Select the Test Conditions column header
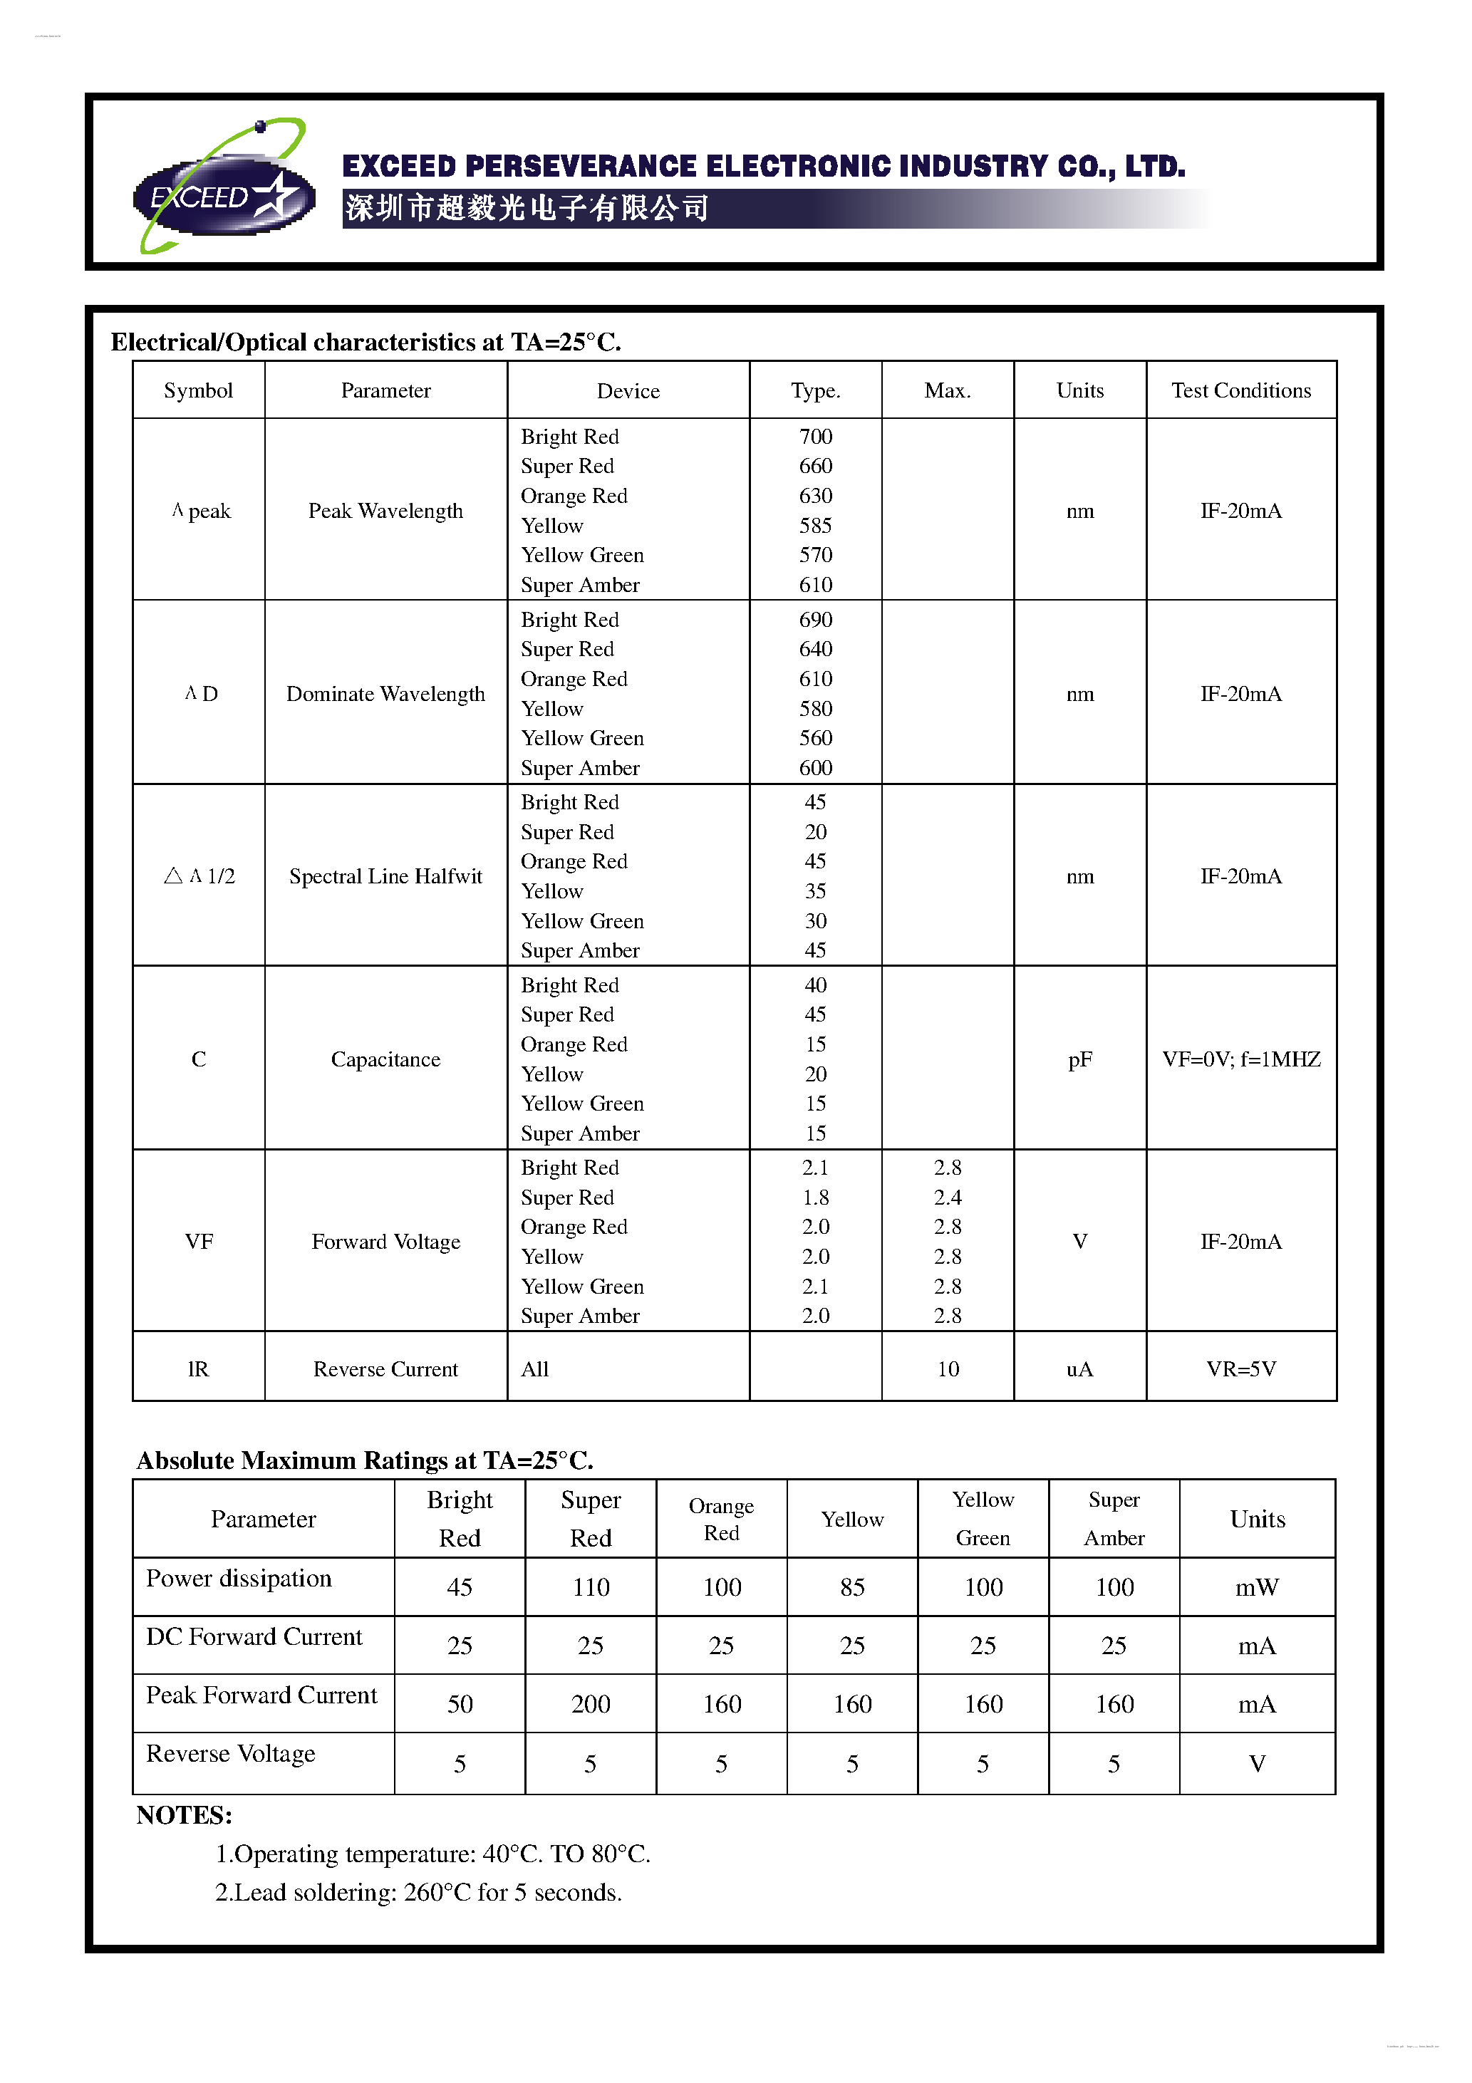point(1240,390)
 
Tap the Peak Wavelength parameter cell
point(385,511)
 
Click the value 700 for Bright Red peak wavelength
point(815,437)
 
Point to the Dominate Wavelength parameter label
point(385,694)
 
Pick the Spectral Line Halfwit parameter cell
point(385,876)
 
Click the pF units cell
point(1079,1059)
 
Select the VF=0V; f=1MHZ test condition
point(1240,1059)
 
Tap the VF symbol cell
point(199,1242)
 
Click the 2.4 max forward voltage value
point(947,1198)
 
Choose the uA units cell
point(1079,1369)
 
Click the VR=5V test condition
point(1240,1369)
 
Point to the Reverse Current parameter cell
point(385,1369)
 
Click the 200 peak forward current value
point(591,1705)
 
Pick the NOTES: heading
point(185,1815)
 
